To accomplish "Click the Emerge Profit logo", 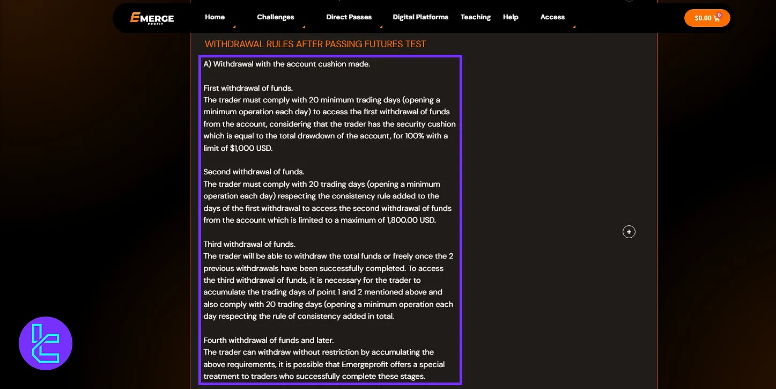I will (152, 18).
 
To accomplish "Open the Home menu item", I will (215, 17).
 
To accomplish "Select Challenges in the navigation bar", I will (275, 17).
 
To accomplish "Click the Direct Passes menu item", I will (349, 17).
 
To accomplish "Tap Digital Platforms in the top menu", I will (420, 17).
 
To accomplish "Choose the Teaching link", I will (475, 17).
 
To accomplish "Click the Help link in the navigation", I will (511, 17).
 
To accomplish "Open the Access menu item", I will (552, 17).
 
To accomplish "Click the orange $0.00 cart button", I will (707, 18).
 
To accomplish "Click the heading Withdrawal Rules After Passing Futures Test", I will (315, 44).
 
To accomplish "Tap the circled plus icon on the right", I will (629, 232).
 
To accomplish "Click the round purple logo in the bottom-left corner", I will (46, 343).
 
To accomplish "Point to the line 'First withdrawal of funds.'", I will (247, 88).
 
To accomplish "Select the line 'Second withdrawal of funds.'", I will (254, 172).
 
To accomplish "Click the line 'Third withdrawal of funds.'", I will (249, 244).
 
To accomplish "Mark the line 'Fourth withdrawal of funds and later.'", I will (268, 340).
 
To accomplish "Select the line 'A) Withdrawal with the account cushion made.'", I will (287, 64).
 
